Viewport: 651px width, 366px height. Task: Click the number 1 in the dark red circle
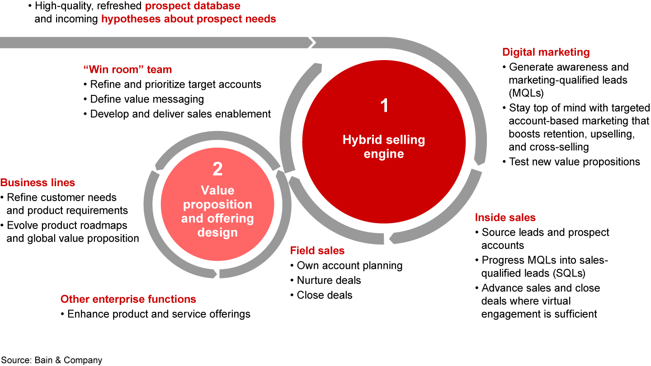(x=384, y=106)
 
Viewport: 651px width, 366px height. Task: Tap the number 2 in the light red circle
(x=217, y=169)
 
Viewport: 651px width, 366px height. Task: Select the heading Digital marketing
(x=546, y=52)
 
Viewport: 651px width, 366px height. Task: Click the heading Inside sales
(x=505, y=218)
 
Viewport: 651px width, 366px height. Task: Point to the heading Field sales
(x=317, y=251)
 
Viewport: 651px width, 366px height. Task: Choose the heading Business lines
(x=38, y=183)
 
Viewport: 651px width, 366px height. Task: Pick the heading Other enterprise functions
(x=128, y=299)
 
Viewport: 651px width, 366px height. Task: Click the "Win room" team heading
(x=127, y=70)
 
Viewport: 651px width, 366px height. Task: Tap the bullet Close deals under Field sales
(x=324, y=295)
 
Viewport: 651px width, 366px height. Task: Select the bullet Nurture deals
(x=329, y=280)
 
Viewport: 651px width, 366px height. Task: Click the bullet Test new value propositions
(x=574, y=162)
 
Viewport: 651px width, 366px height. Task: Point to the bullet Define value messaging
(x=146, y=99)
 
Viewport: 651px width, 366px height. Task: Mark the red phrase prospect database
(x=193, y=6)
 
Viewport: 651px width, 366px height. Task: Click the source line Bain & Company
(x=51, y=360)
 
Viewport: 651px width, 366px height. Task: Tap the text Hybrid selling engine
(x=384, y=147)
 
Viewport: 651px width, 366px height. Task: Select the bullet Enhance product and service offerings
(x=158, y=314)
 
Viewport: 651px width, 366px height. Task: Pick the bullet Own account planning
(x=349, y=265)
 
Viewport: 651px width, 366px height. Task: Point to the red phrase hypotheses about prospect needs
(x=189, y=19)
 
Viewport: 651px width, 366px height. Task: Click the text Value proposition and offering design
(x=217, y=211)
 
